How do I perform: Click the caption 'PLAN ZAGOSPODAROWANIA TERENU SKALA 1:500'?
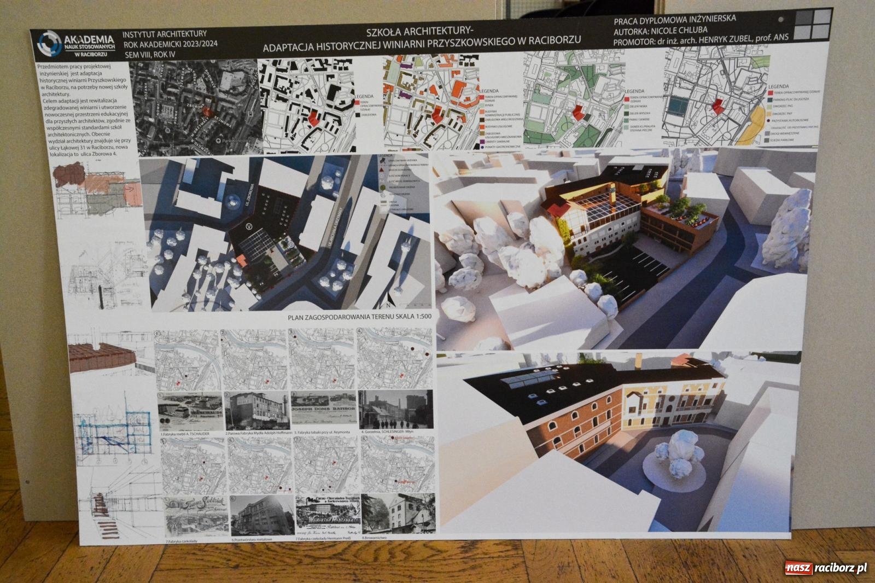pos(359,317)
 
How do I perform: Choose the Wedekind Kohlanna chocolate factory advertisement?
pos(323,513)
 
